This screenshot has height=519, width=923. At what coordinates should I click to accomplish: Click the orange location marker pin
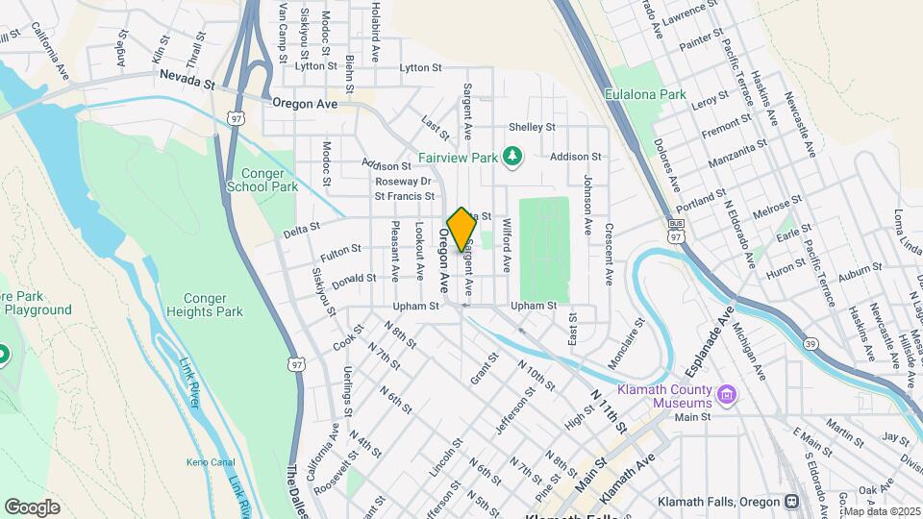click(x=461, y=230)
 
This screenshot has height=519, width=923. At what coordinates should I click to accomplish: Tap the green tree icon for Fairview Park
click(x=512, y=156)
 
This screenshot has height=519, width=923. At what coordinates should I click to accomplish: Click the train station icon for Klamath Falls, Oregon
click(x=790, y=502)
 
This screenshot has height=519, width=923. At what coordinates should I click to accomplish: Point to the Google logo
click(x=32, y=507)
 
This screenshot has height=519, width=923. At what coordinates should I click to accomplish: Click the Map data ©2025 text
click(x=882, y=511)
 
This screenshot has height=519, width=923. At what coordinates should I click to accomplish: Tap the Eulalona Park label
click(x=646, y=95)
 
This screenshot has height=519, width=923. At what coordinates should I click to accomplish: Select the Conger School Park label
click(x=262, y=180)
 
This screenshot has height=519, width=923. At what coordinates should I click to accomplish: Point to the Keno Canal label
click(x=207, y=462)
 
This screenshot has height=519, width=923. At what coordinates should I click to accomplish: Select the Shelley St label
click(x=532, y=127)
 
